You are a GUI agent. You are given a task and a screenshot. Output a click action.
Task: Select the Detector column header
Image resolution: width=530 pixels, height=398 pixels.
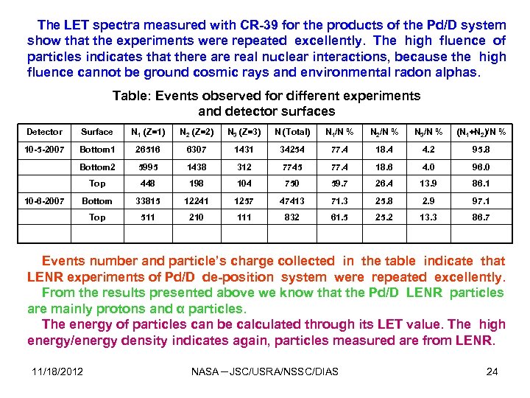pos(44,132)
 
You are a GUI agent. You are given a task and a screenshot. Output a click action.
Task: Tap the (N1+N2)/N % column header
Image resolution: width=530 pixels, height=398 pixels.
pos(481,132)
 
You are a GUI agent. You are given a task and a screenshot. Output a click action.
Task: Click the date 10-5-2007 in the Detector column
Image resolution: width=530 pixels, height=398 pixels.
pos(44,150)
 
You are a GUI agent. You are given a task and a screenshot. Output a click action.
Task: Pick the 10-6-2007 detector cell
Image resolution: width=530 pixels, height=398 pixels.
pos(44,200)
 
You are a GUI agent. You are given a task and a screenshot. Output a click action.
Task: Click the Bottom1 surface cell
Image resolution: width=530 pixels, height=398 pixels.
pos(97,150)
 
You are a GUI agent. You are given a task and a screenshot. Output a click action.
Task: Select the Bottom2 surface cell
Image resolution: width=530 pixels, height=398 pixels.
pos(97,167)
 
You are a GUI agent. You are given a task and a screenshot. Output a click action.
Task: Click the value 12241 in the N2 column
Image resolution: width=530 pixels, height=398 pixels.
pos(197,200)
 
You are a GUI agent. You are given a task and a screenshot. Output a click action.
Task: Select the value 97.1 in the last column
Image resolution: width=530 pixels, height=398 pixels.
pos(481,200)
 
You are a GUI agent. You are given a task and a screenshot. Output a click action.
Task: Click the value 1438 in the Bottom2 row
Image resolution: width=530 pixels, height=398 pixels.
pos(197,167)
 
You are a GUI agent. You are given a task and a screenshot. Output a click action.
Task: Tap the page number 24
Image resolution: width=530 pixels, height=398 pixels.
pos(492,371)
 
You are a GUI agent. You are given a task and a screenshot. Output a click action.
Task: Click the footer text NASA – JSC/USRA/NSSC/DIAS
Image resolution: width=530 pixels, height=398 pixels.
pos(264,371)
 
